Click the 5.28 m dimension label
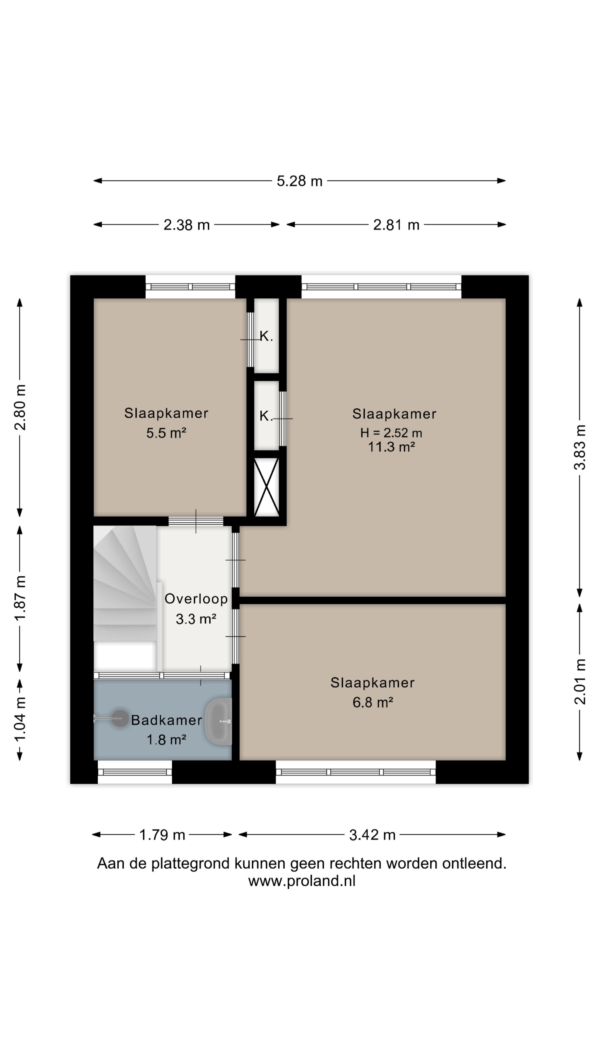299,181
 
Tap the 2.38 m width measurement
186,225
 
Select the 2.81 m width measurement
396,225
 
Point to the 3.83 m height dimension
580,447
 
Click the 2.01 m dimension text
580,682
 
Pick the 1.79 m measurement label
162,835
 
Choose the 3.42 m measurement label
372,835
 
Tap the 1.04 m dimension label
20,719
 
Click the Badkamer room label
167,720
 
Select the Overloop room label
196,599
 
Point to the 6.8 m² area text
372,702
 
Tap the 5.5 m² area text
166,433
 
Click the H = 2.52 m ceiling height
391,433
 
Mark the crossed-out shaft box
266,487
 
